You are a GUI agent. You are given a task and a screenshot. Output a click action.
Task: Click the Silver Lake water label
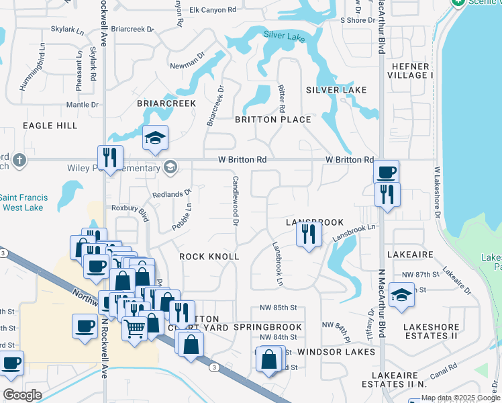285,35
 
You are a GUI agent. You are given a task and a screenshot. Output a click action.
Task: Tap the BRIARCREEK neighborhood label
166,103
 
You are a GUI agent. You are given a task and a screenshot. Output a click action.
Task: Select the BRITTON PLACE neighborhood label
272,120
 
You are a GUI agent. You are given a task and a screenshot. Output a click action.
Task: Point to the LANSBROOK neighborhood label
315,222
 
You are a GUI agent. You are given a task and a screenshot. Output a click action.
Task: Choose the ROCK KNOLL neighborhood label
209,257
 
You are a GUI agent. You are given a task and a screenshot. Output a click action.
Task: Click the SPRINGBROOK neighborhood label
268,327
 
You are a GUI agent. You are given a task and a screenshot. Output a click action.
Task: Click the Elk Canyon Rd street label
213,10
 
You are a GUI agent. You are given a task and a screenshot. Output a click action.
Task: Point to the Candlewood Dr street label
236,200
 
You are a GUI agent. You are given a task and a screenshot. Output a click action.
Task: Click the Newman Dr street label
187,64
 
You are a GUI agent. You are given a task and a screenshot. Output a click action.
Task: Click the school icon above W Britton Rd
156,139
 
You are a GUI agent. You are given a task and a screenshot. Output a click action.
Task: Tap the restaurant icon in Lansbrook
309,234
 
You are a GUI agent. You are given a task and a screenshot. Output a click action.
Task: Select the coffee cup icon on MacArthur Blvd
386,173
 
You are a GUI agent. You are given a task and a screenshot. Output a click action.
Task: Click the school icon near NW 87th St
401,296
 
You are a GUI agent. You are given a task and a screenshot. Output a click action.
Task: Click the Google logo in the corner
22,395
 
